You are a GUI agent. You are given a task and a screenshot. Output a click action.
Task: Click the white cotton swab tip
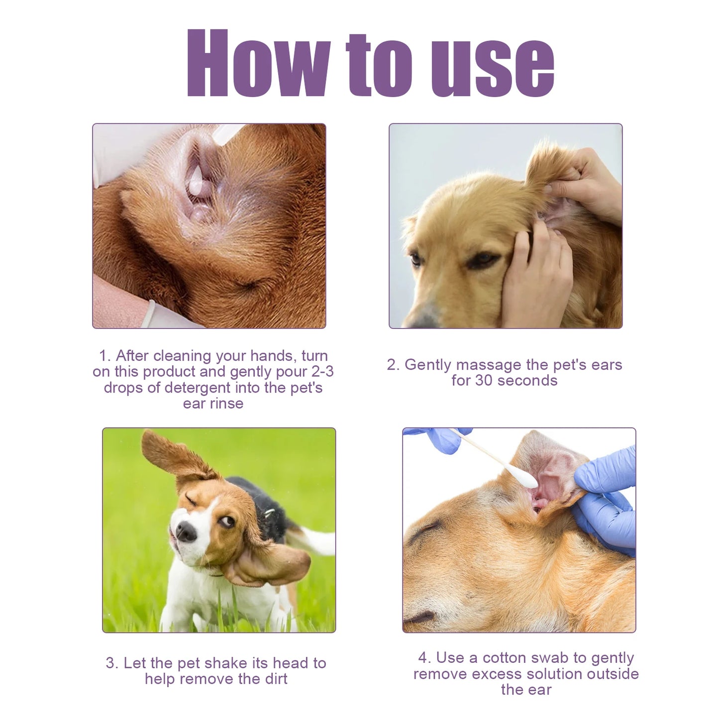point(523,478)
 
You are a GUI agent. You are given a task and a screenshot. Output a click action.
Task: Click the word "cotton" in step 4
point(525,658)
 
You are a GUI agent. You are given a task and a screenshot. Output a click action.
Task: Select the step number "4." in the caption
point(424,658)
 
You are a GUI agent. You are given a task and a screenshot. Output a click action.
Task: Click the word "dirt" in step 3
point(276,679)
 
